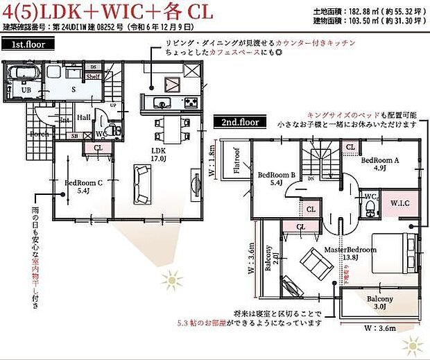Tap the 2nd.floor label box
coord(240,121)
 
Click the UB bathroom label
coord(25,90)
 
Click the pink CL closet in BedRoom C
coord(97,147)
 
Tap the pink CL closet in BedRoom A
coord(350,147)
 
